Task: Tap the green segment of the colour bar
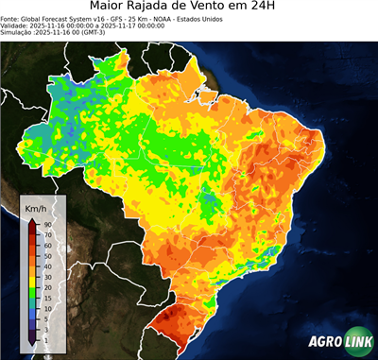click(32, 294)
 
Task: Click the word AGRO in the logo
click(324, 343)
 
